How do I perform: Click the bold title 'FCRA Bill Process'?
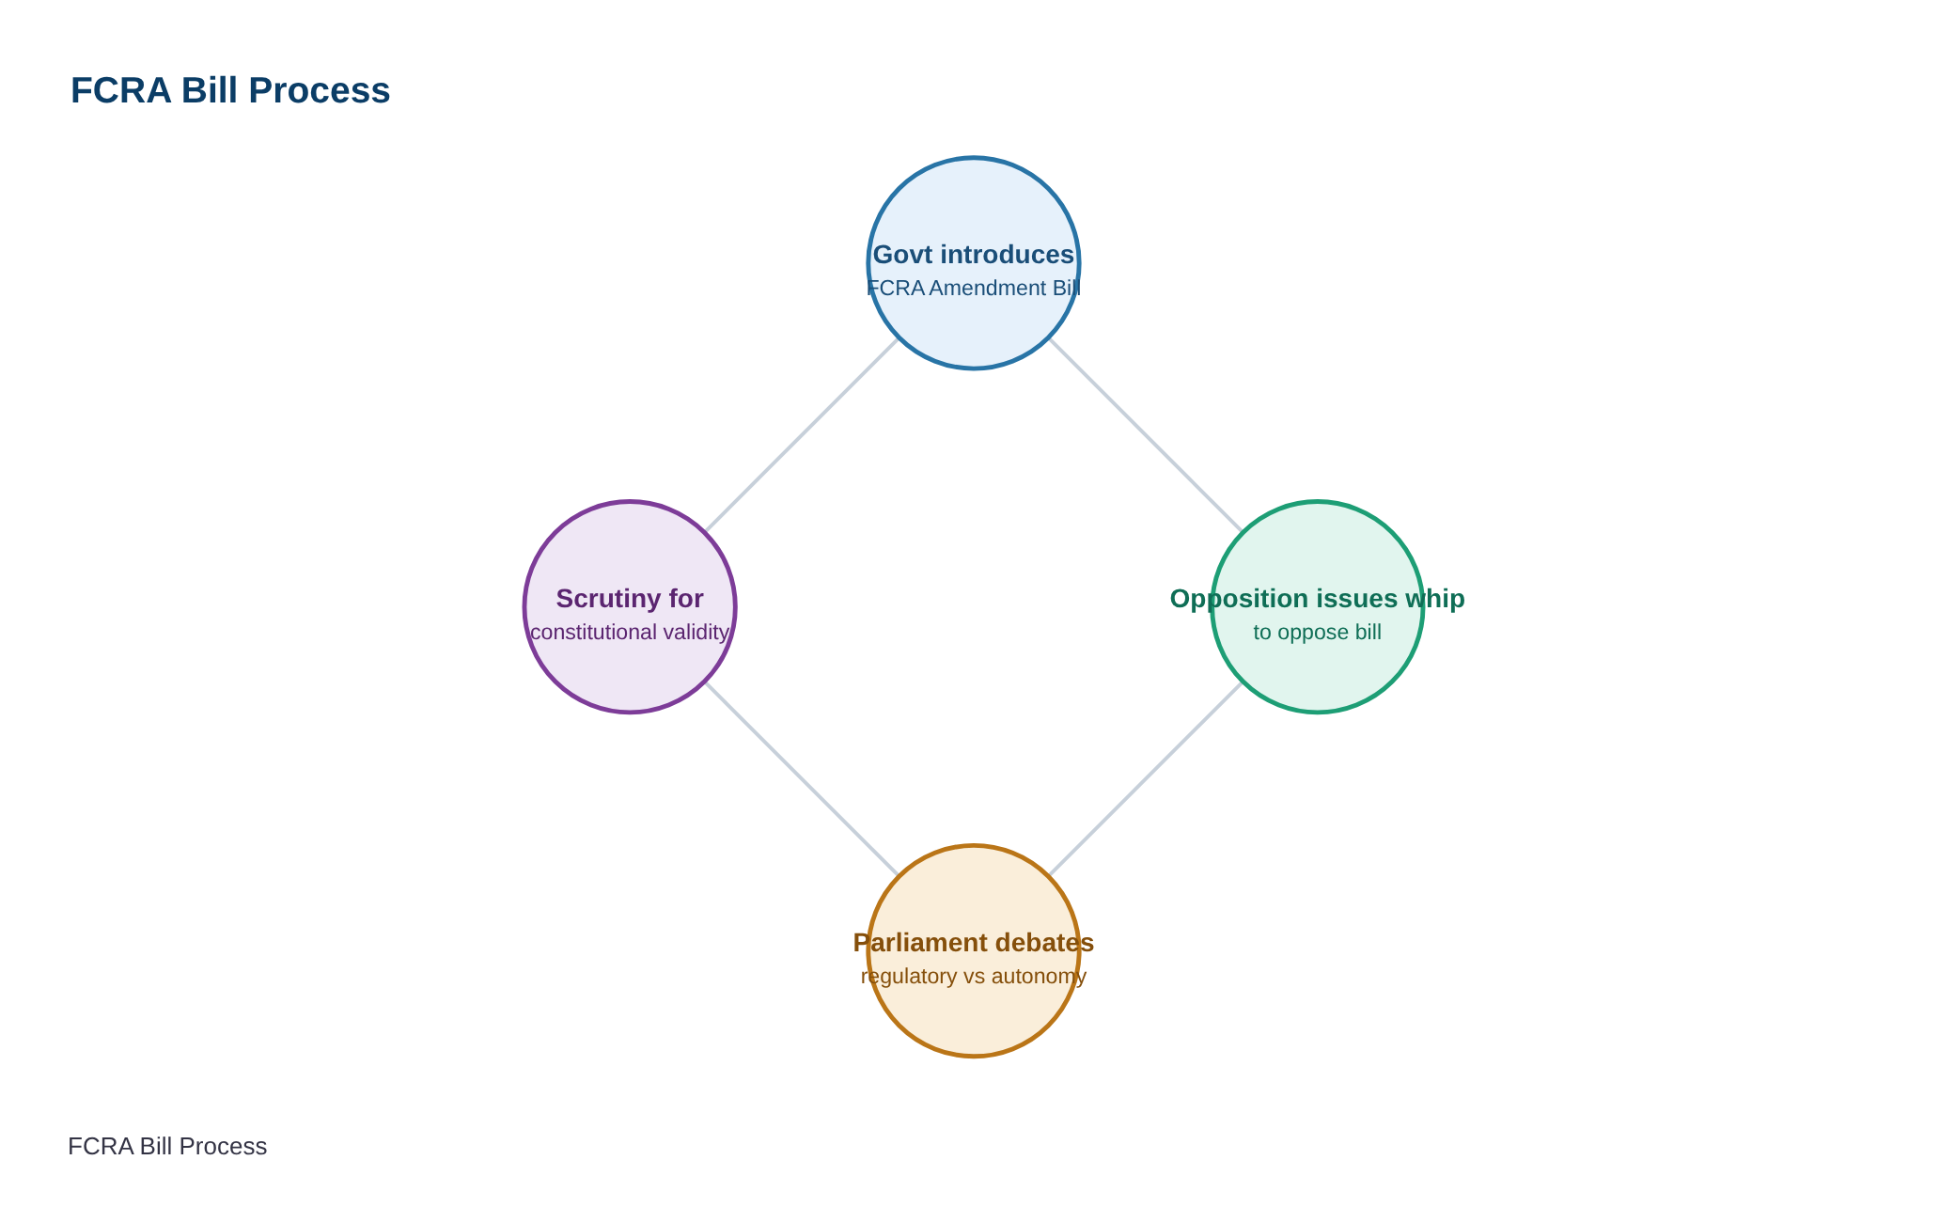click(230, 90)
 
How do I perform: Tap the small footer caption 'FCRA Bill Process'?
click(167, 1147)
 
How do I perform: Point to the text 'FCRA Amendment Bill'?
click(974, 288)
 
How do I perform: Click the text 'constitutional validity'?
click(630, 632)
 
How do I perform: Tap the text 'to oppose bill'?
click(1318, 632)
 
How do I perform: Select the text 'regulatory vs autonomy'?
click(974, 976)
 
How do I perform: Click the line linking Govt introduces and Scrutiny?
click(802, 435)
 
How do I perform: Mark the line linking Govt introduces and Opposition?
click(1146, 435)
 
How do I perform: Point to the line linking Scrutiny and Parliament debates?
click(802, 778)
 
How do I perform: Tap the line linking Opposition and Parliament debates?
click(1146, 778)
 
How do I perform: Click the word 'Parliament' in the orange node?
click(920, 943)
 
